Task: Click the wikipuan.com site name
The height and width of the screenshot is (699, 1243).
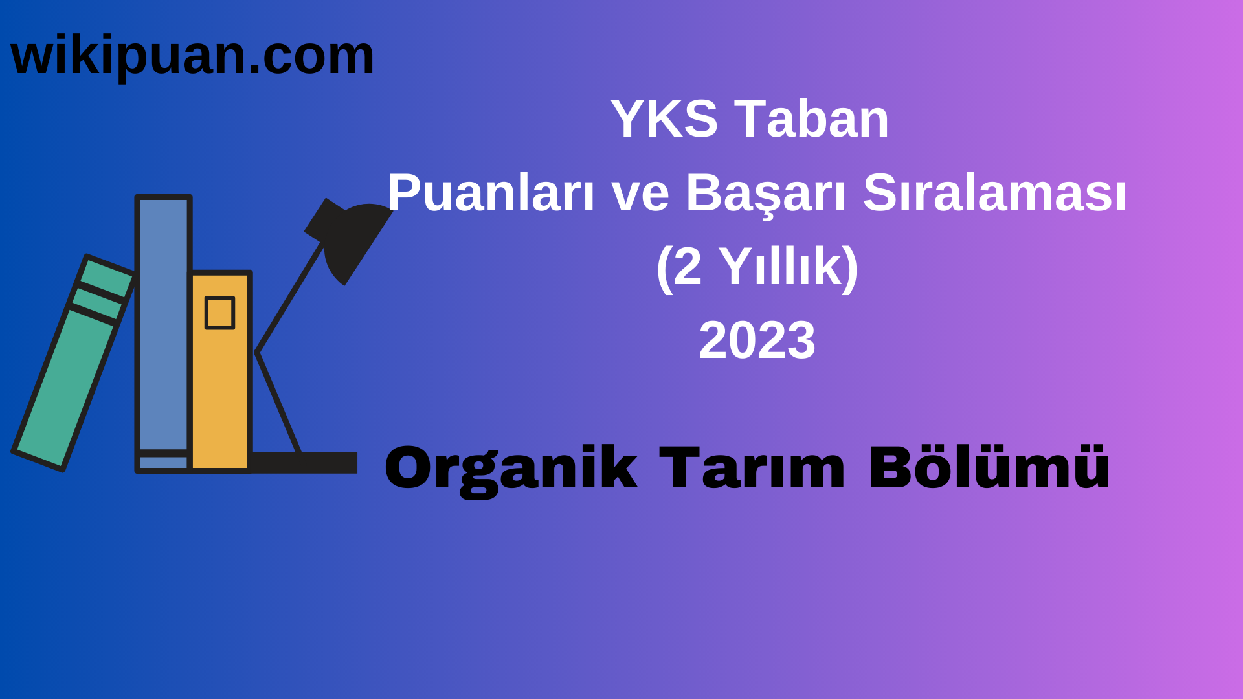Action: pos(192,56)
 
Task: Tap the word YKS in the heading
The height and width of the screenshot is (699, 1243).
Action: pos(664,119)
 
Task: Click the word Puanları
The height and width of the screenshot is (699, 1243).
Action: pos(491,193)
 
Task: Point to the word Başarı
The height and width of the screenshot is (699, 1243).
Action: pos(765,193)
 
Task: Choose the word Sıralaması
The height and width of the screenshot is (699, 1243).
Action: pos(994,193)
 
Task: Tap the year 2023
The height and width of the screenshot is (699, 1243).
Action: pos(757,340)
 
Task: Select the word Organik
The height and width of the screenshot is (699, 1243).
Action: pos(511,469)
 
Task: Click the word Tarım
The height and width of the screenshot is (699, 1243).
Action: pos(752,469)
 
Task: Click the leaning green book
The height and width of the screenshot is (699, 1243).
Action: pos(65,382)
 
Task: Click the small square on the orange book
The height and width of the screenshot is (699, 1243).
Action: pos(219,313)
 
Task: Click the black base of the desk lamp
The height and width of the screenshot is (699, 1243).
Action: pos(304,462)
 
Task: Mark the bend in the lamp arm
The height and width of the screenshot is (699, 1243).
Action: pos(257,353)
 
